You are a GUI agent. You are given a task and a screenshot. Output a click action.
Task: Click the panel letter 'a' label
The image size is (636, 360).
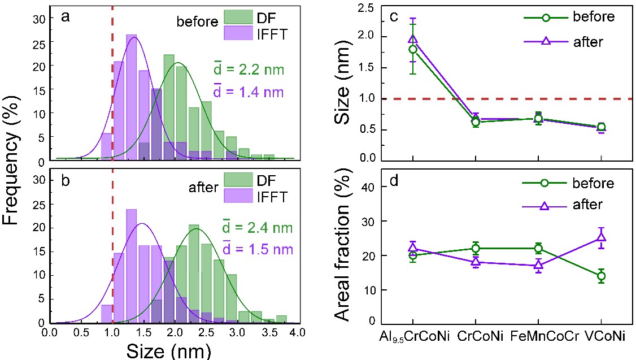(66, 17)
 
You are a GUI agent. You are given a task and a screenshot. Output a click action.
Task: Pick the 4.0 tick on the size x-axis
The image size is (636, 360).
(298, 334)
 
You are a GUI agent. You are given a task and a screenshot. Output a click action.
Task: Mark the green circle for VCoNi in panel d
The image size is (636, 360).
(601, 276)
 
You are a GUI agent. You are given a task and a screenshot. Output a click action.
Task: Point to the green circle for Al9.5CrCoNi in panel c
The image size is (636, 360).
(413, 49)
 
